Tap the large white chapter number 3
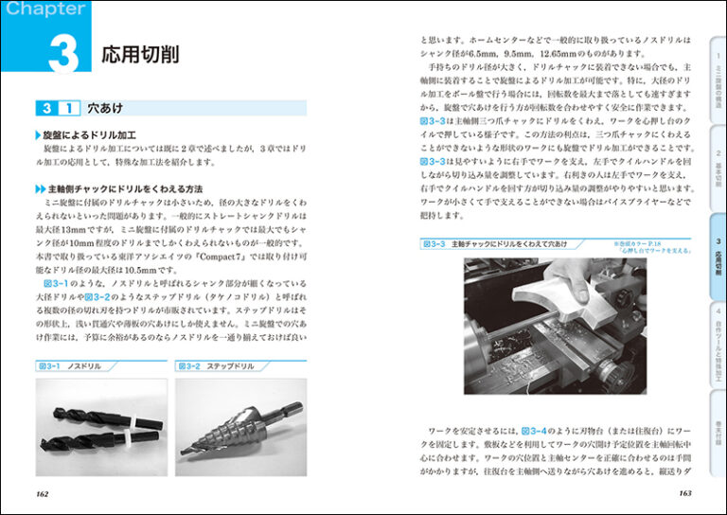coord(62,54)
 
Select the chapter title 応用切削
coord(140,54)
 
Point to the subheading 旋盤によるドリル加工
coord(90,136)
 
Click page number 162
coord(43,492)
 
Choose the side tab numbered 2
coord(718,167)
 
